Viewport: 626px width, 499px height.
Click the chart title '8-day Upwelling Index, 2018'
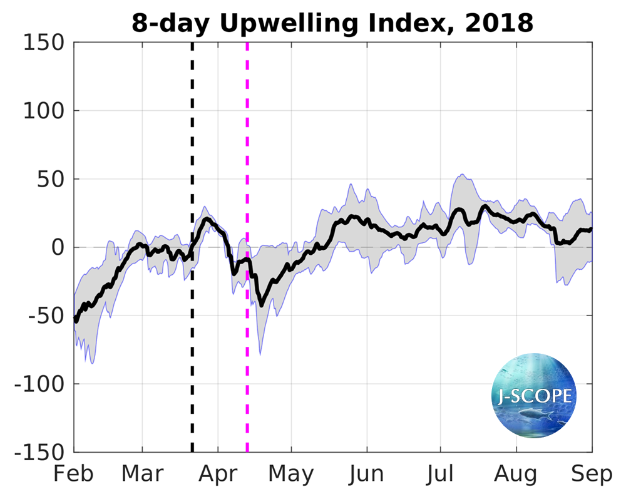tap(332, 23)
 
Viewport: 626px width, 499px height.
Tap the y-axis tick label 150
tap(43, 43)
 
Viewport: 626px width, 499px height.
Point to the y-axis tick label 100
tap(43, 111)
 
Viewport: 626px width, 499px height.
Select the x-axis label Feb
tap(74, 474)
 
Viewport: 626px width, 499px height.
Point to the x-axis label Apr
tap(218, 474)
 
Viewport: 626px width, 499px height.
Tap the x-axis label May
tap(291, 474)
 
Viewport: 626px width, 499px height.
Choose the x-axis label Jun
tap(367, 474)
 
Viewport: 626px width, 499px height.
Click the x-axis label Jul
tap(440, 474)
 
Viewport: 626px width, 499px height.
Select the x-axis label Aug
tap(516, 474)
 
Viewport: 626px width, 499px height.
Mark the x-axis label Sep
tap(592, 474)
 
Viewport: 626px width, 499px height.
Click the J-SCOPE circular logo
tap(533, 396)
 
